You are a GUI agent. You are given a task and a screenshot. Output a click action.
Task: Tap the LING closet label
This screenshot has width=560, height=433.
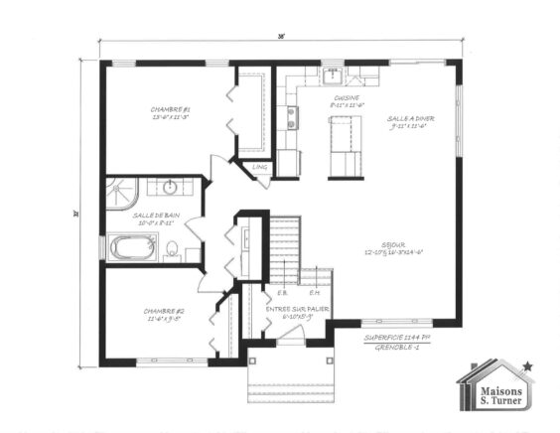[x=259, y=168]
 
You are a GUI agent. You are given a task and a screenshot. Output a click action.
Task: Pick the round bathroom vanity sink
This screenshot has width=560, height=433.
[x=170, y=186]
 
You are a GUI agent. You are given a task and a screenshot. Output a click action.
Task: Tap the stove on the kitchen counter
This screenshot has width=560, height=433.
[x=292, y=118]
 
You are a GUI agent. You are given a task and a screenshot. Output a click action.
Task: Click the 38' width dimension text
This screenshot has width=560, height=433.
[x=281, y=37]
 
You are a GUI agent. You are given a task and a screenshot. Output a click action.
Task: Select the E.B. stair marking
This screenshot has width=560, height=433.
[x=284, y=292]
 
